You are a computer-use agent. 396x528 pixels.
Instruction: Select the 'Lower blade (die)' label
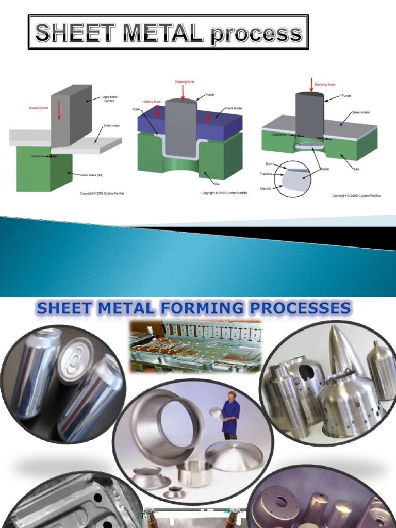coord(92,175)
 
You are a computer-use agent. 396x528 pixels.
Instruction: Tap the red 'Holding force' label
coord(152,102)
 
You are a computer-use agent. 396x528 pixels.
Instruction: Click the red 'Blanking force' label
coord(325,84)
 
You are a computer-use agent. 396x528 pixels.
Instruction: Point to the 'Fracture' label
coord(266,174)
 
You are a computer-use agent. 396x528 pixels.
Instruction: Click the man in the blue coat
coord(230,415)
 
